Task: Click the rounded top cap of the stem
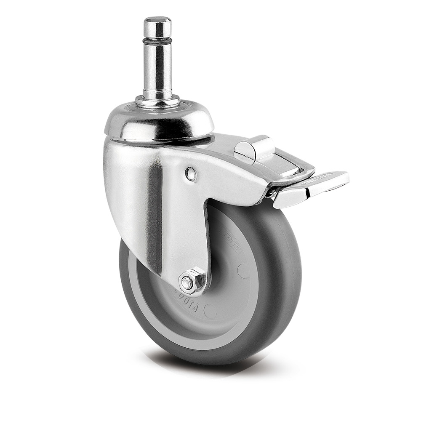pyautogui.click(x=157, y=27)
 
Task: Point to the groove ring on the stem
pyautogui.click(x=157, y=41)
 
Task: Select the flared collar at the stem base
pyautogui.click(x=157, y=101)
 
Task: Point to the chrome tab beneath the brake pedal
pyautogui.click(x=290, y=197)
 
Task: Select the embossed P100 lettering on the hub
pyautogui.click(x=185, y=297)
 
